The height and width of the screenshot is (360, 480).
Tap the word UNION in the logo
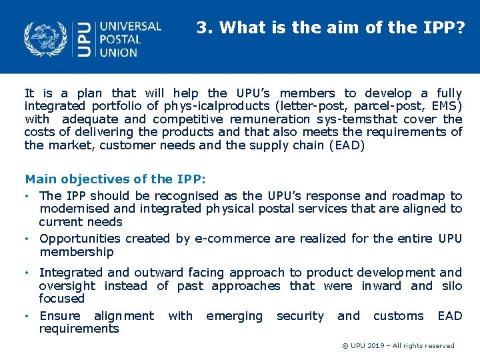tap(119, 53)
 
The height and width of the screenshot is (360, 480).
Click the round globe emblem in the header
tap(46, 39)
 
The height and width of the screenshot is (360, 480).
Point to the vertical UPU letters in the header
tap(83, 39)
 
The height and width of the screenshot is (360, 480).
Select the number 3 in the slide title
tap(201, 28)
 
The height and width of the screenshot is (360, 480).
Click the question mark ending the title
tap(461, 28)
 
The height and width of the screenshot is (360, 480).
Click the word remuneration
tap(270, 119)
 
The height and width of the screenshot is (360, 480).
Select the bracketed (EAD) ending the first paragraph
tap(347, 145)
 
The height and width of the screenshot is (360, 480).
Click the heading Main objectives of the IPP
tap(115, 179)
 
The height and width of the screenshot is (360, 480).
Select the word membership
tap(77, 252)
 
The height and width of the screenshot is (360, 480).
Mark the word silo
tap(452, 286)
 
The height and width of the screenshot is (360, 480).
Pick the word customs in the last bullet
tap(398, 316)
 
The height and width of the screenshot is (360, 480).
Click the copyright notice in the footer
tap(398, 346)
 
